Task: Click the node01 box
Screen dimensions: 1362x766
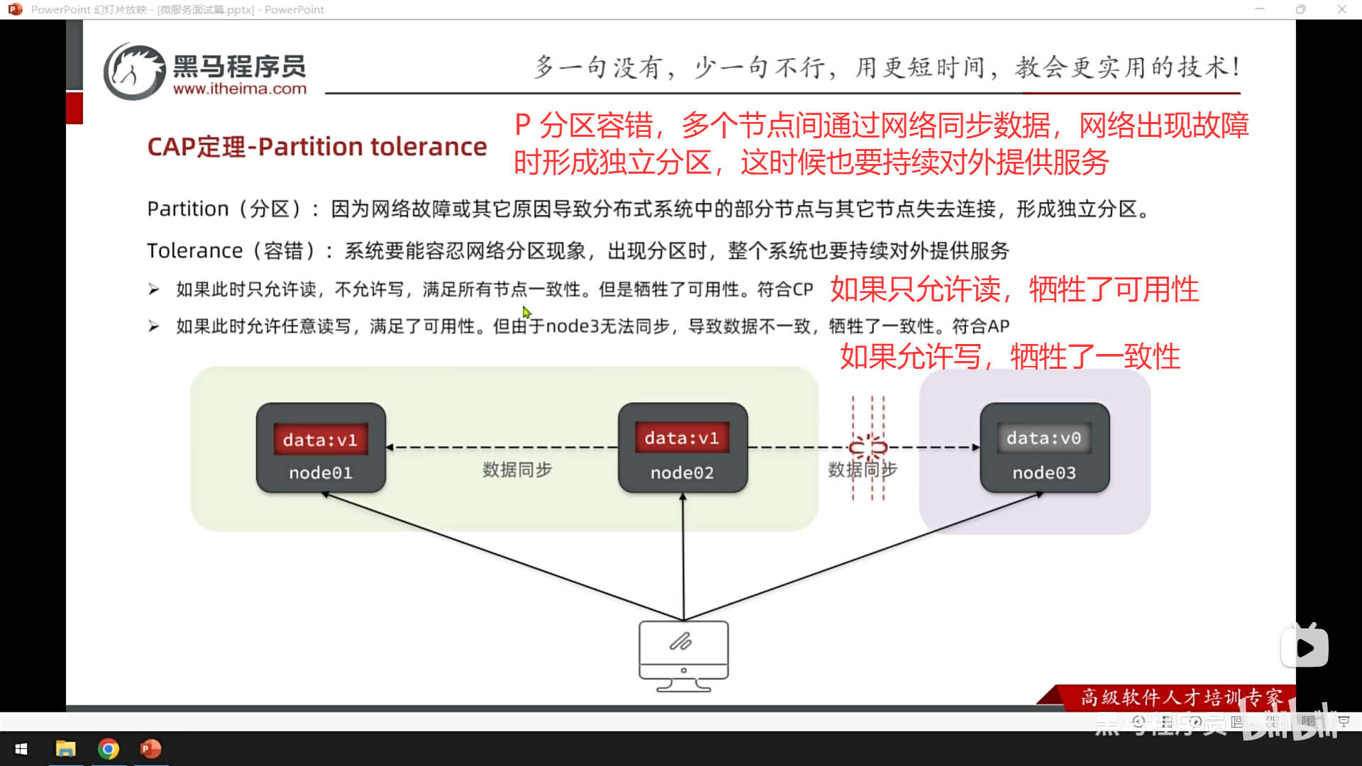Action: (321, 448)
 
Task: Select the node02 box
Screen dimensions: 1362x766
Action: (682, 448)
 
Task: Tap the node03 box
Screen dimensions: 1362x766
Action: (1044, 448)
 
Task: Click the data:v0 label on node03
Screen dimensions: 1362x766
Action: (1043, 438)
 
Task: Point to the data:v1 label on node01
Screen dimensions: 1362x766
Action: (320, 440)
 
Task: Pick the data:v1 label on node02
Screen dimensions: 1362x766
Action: (682, 438)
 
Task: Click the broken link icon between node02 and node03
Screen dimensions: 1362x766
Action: (868, 447)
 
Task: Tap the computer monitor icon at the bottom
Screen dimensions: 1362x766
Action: (683, 655)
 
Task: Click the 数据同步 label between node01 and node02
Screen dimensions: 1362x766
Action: (517, 470)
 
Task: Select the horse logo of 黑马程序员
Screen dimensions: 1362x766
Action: (133, 72)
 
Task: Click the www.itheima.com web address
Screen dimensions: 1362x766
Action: (240, 89)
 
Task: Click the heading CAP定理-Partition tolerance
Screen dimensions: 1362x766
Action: (317, 147)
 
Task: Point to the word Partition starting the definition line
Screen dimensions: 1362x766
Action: (188, 209)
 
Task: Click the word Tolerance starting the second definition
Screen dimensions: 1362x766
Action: (195, 251)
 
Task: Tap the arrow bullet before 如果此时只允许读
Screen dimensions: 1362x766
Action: (154, 289)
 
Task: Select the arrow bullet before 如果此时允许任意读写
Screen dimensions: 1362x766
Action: (154, 326)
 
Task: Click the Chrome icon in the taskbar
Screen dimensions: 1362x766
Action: (109, 749)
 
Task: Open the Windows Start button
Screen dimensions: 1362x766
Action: (21, 749)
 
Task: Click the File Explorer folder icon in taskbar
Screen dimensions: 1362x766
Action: (66, 749)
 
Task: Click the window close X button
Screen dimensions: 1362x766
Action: (1341, 9)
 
